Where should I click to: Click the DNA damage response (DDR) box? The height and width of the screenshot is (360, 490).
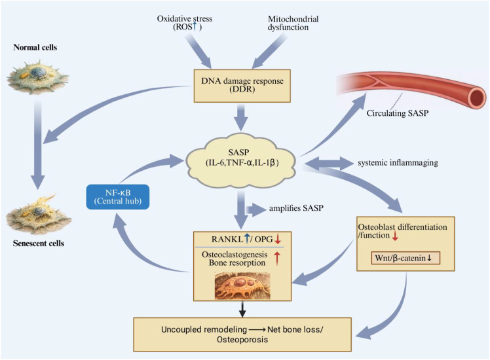(x=242, y=86)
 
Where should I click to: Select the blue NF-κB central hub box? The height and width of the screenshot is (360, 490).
(x=118, y=197)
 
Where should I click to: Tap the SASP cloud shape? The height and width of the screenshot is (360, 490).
(x=241, y=158)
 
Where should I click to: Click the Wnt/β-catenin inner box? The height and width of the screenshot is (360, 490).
(x=405, y=258)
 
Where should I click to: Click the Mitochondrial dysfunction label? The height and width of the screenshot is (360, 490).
(x=293, y=23)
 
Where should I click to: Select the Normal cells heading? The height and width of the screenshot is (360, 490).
(x=35, y=48)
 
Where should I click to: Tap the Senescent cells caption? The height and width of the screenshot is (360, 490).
(x=39, y=243)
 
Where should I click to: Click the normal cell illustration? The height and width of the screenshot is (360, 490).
(x=37, y=77)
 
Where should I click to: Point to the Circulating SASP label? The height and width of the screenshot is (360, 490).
(x=397, y=113)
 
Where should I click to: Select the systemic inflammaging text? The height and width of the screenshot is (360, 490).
(x=398, y=163)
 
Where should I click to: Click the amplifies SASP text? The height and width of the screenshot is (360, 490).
(x=296, y=208)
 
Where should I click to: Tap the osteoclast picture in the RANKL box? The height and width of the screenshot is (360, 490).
(x=242, y=285)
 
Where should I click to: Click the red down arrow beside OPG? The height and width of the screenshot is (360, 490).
(x=278, y=240)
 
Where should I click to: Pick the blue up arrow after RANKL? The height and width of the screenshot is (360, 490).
(x=247, y=239)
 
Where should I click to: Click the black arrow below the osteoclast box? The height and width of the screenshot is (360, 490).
(x=242, y=310)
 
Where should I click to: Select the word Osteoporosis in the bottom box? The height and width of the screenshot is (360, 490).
(x=242, y=340)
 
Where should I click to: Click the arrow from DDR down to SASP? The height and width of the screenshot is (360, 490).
(x=241, y=118)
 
